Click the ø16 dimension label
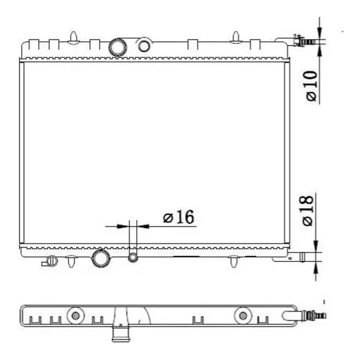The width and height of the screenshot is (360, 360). pyautogui.click(x=178, y=217)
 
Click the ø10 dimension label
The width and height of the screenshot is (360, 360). pyautogui.click(x=311, y=86)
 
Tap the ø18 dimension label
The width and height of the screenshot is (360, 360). pyautogui.click(x=308, y=211)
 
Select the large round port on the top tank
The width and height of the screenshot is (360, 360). pyautogui.click(x=117, y=47)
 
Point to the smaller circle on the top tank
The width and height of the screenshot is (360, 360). pyautogui.click(x=144, y=46)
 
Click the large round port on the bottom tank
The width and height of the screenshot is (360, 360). pyautogui.click(x=101, y=259)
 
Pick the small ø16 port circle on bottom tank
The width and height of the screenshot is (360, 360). pyautogui.click(x=133, y=258)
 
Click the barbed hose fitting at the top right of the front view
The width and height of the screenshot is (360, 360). pyautogui.click(x=304, y=41)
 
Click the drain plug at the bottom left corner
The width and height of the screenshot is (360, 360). pyautogui.click(x=50, y=261)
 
